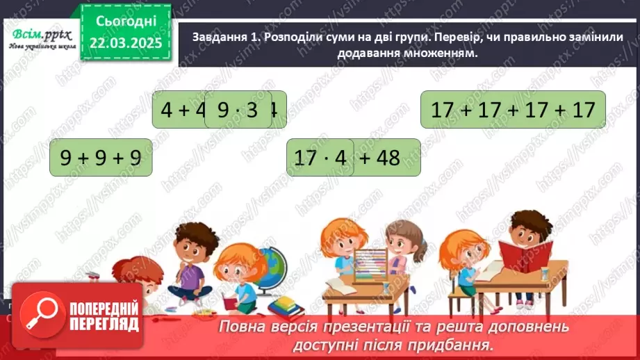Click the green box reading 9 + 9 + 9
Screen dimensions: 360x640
tap(101, 158)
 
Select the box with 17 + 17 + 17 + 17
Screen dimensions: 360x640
tap(513, 110)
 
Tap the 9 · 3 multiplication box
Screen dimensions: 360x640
tap(238, 111)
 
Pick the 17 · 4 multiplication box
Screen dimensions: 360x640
tap(320, 158)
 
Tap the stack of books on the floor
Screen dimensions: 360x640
tap(286, 306)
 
